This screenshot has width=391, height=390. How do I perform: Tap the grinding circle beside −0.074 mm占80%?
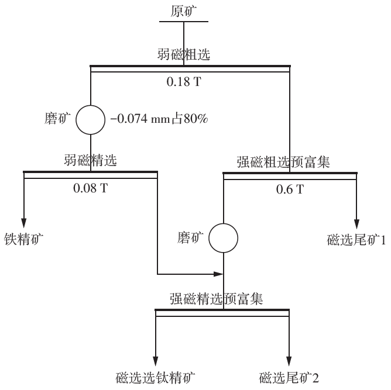91,119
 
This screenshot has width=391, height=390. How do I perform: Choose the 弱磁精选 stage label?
90,160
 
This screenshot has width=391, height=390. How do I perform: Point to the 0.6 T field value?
290,189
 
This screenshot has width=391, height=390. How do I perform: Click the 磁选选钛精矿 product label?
156,377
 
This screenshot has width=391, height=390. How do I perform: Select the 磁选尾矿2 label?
289,377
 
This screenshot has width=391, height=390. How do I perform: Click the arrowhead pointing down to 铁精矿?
24,223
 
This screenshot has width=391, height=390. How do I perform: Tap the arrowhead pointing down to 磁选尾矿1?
356,224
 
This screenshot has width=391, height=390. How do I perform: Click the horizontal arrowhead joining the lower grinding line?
219,274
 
